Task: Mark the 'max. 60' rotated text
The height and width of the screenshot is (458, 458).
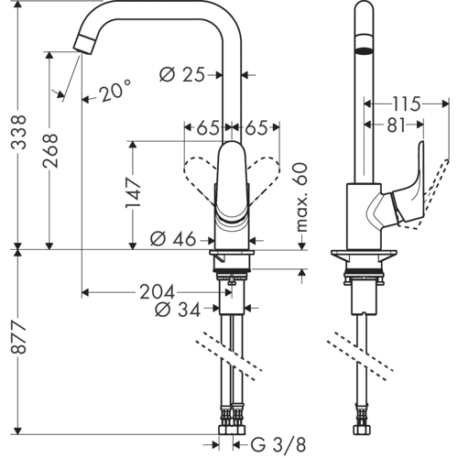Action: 301,196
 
